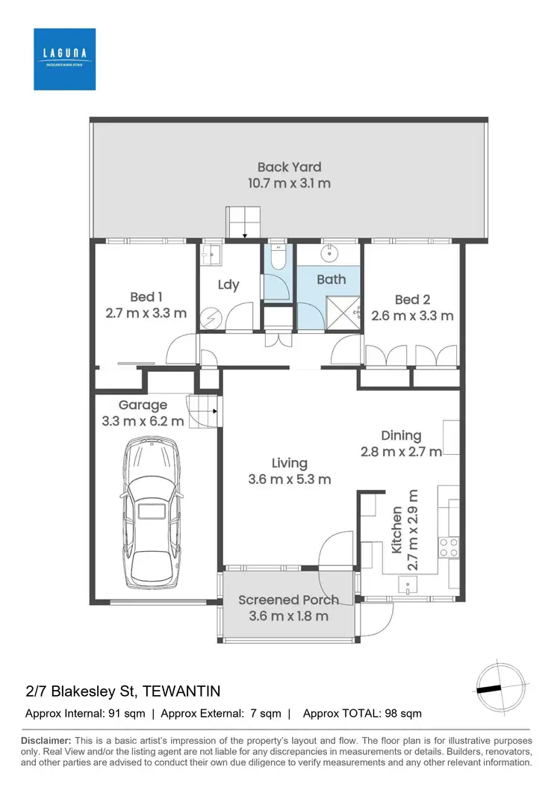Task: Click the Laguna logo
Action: click(x=64, y=59)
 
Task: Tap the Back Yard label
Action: click(x=289, y=167)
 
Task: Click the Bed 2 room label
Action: click(x=412, y=299)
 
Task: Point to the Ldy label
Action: click(x=228, y=284)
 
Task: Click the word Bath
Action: click(x=331, y=279)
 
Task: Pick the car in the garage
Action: click(x=151, y=512)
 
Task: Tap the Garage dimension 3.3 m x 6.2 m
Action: click(x=142, y=421)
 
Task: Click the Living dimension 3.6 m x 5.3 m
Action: click(x=289, y=479)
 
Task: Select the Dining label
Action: click(x=401, y=435)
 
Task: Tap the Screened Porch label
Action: click(x=288, y=600)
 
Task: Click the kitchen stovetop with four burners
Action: click(x=449, y=547)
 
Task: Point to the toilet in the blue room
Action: click(x=277, y=258)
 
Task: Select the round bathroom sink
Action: click(x=329, y=255)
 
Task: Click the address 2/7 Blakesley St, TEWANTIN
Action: click(x=122, y=691)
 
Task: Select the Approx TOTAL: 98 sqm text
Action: click(x=362, y=713)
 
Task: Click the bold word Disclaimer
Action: click(x=46, y=740)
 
